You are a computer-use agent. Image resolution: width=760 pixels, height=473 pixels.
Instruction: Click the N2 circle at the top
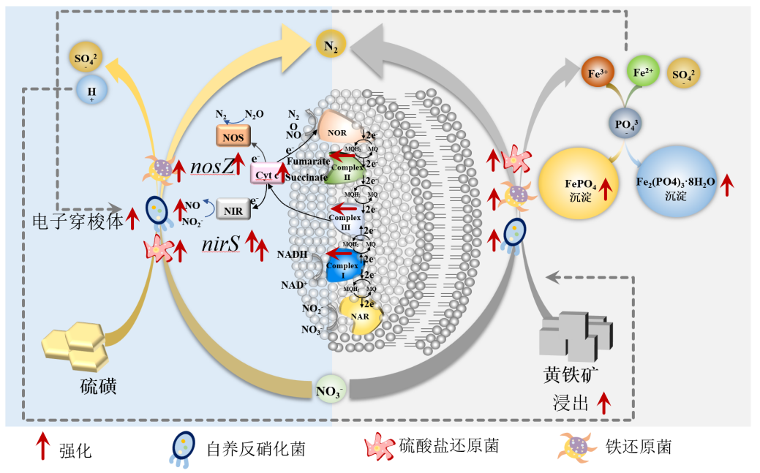[331, 46]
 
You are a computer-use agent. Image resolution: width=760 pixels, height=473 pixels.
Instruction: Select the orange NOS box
[233, 136]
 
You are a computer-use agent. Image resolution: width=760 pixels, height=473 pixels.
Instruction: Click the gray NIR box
[233, 210]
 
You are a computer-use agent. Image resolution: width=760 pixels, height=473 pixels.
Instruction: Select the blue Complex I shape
[344, 266]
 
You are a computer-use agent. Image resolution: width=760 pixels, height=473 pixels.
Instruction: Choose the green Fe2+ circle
[642, 74]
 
